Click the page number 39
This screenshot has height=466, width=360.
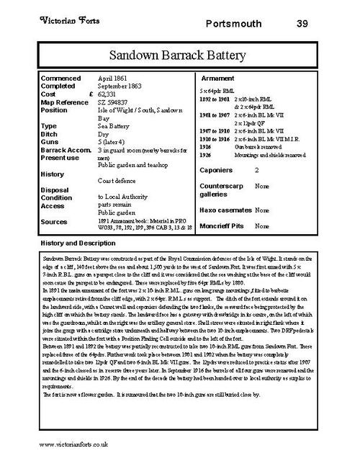[x=302, y=23]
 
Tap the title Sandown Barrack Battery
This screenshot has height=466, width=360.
[x=179, y=55]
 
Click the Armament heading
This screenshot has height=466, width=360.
[x=217, y=76]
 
